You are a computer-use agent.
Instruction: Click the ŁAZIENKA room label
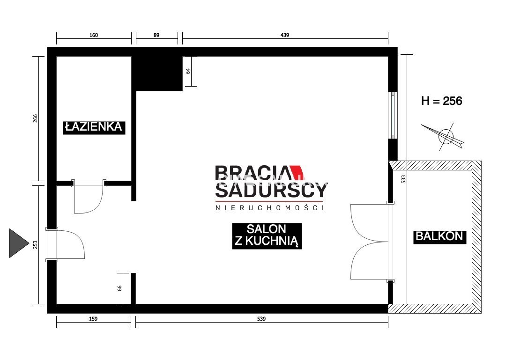(x=94, y=127)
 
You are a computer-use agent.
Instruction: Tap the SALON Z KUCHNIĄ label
(x=267, y=235)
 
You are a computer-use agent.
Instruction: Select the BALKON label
(x=439, y=236)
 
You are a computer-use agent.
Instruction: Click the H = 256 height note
(x=441, y=101)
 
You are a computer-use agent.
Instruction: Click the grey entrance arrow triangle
(x=19, y=243)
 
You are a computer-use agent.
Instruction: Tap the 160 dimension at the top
(x=94, y=35)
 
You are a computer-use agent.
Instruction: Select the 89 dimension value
(x=156, y=35)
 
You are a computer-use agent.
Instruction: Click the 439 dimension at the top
(x=285, y=35)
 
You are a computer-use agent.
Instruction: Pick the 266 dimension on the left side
(x=35, y=119)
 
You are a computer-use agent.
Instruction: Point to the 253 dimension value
(x=35, y=244)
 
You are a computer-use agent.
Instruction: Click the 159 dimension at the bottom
(x=93, y=319)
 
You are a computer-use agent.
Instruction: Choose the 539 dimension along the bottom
(x=261, y=319)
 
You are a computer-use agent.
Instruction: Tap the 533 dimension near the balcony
(x=403, y=179)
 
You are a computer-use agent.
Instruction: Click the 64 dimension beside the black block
(x=188, y=71)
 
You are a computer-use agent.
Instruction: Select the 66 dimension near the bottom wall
(x=119, y=288)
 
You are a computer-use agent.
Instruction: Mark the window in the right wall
(x=393, y=116)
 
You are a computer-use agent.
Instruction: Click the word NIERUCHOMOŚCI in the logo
(x=269, y=207)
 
